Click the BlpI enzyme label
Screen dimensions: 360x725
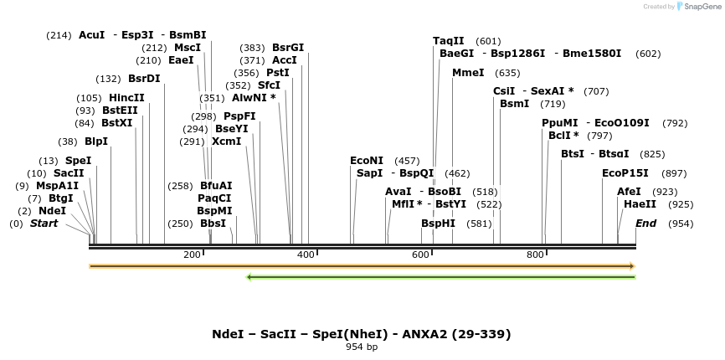click(96, 141)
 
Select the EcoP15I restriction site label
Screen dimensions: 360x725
click(625, 173)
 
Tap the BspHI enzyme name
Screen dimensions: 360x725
click(438, 224)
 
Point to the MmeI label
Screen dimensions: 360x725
click(468, 73)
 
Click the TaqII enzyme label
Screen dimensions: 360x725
click(449, 41)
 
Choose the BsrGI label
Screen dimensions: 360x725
click(288, 48)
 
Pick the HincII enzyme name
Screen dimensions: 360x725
click(126, 98)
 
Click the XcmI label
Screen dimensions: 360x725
click(226, 141)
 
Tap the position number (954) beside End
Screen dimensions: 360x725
click(681, 224)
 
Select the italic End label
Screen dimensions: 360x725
click(646, 224)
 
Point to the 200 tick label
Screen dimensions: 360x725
click(192, 255)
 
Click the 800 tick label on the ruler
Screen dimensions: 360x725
click(535, 255)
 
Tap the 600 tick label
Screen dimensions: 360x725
click(420, 255)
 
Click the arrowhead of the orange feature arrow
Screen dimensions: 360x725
click(632, 266)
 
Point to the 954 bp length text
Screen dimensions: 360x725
click(362, 347)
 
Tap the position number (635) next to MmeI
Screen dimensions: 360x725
click(507, 73)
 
